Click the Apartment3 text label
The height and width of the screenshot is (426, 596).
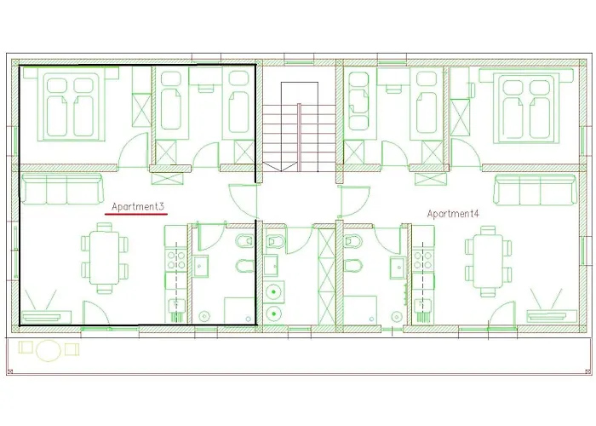(x=137, y=206)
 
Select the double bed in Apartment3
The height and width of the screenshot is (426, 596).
(x=72, y=105)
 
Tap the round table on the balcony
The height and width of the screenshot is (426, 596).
(x=49, y=349)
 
